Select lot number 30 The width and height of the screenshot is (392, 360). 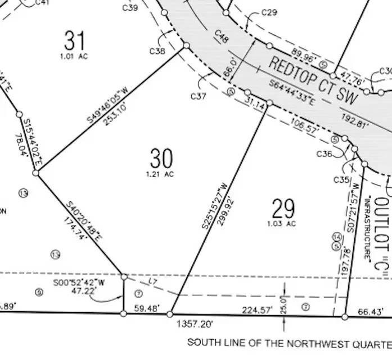[x=161, y=158]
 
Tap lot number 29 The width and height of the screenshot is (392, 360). [x=283, y=209]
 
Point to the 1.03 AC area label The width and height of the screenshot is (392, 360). [x=283, y=224]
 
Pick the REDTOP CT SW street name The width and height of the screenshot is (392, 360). [x=313, y=80]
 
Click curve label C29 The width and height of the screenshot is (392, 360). [x=269, y=12]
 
